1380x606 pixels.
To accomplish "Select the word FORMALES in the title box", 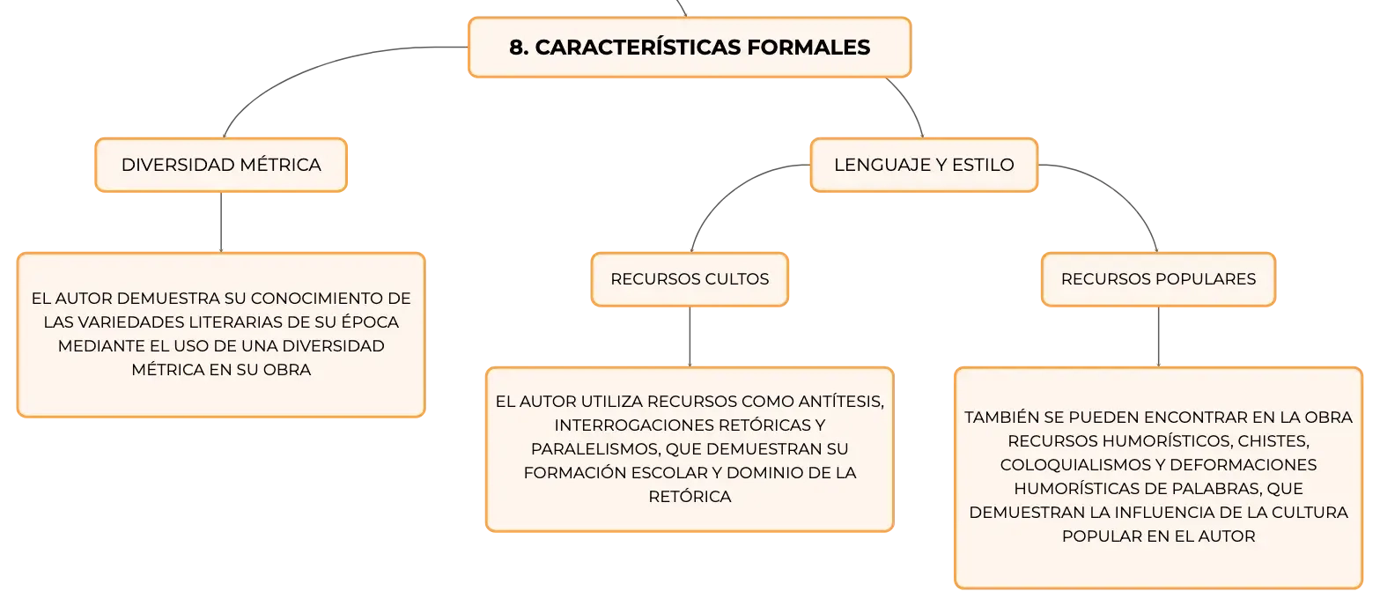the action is point(808,48).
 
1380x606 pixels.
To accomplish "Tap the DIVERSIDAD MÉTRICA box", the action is point(221,165).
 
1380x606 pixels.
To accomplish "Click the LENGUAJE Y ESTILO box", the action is point(924,165).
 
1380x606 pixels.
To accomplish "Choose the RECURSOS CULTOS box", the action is point(690,279).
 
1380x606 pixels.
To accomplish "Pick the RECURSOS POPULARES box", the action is point(1158,279).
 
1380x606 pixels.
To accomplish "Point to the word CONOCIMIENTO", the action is point(317,299).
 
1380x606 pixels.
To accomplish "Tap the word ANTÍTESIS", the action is point(841,402).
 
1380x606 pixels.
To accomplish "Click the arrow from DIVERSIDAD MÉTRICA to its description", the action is point(221,222).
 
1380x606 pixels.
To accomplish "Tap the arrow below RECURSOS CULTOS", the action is point(690,336).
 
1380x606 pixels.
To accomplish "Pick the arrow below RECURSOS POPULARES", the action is point(1159,336).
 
